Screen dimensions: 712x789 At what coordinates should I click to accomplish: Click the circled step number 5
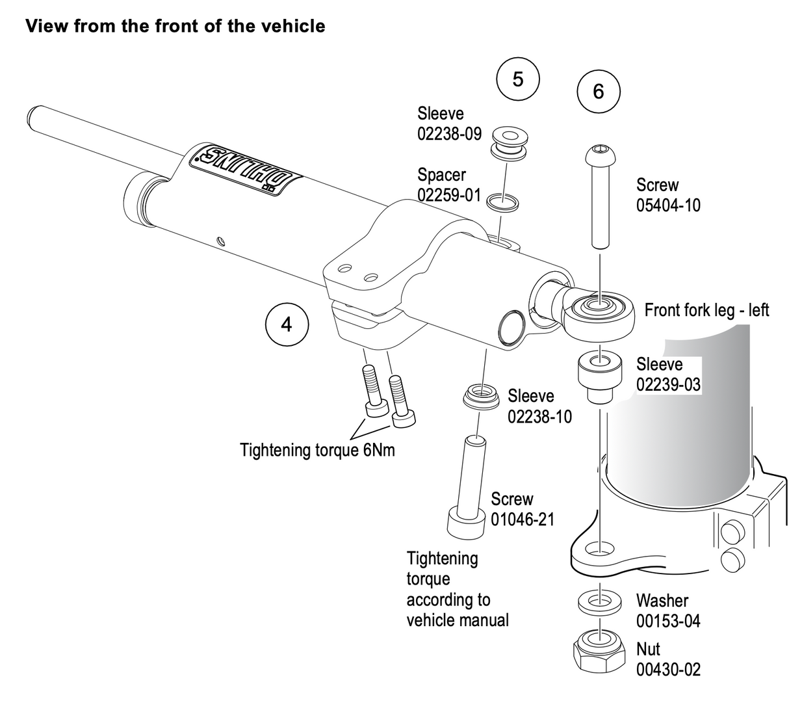pos(517,79)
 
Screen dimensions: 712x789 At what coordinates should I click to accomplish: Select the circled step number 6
pos(599,91)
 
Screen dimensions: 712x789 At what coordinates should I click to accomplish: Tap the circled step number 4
pos(287,323)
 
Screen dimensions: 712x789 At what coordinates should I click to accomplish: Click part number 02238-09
pos(449,134)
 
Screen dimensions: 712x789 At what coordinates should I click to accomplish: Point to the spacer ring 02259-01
pos(503,202)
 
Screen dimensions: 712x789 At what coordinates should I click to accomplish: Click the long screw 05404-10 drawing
pos(599,196)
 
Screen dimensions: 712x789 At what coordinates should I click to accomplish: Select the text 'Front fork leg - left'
pos(706,310)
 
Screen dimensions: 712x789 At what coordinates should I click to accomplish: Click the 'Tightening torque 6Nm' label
pos(317,450)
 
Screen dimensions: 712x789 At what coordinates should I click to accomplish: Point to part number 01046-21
pos(523,520)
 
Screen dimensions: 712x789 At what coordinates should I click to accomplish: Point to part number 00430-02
pos(668,669)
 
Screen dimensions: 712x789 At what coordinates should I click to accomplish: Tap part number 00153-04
pos(668,620)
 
